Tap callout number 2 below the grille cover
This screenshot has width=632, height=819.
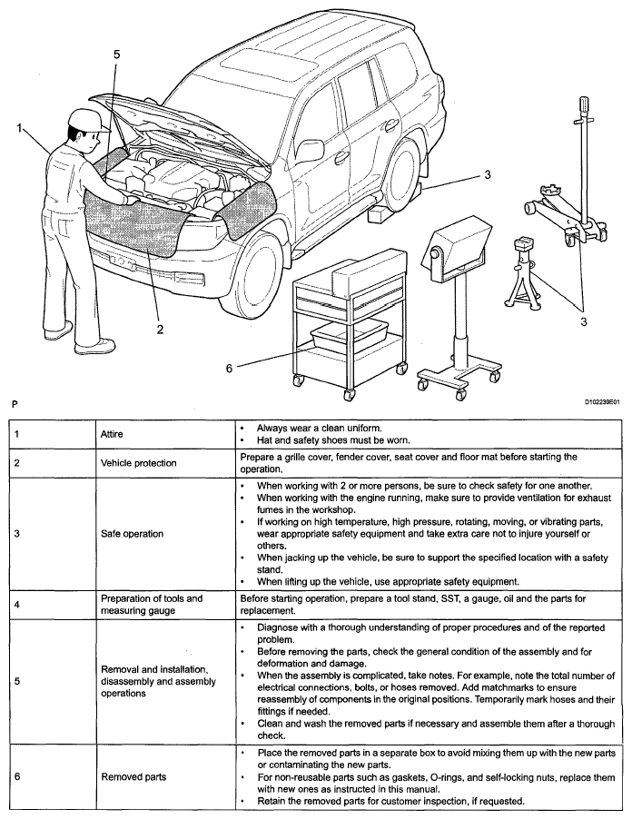click(160, 329)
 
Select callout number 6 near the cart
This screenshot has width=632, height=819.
click(230, 367)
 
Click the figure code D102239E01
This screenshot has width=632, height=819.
click(600, 400)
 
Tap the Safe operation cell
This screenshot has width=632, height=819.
click(132, 533)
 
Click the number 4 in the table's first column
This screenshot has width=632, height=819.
click(19, 605)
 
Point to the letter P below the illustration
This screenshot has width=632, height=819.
click(14, 401)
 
